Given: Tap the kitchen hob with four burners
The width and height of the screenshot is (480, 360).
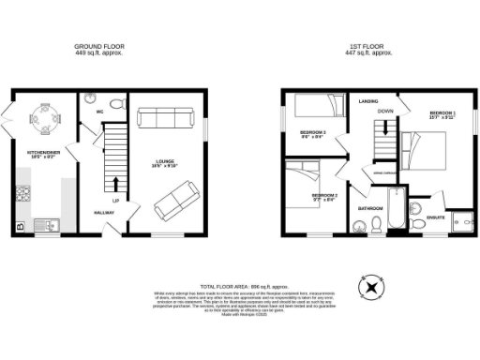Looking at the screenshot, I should [x=22, y=194].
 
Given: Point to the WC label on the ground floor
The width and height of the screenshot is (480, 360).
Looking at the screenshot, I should [x=97, y=112].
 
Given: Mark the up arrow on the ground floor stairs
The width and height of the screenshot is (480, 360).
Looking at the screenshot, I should [x=115, y=183].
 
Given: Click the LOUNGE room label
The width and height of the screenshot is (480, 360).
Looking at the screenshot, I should [x=166, y=162].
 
